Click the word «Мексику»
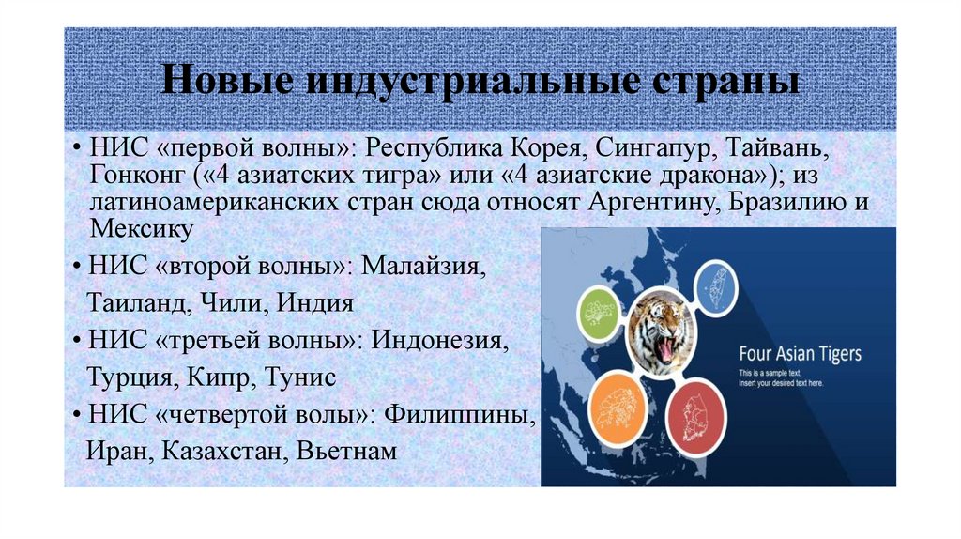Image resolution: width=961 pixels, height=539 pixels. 142,228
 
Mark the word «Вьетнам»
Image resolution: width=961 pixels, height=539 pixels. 347,451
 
